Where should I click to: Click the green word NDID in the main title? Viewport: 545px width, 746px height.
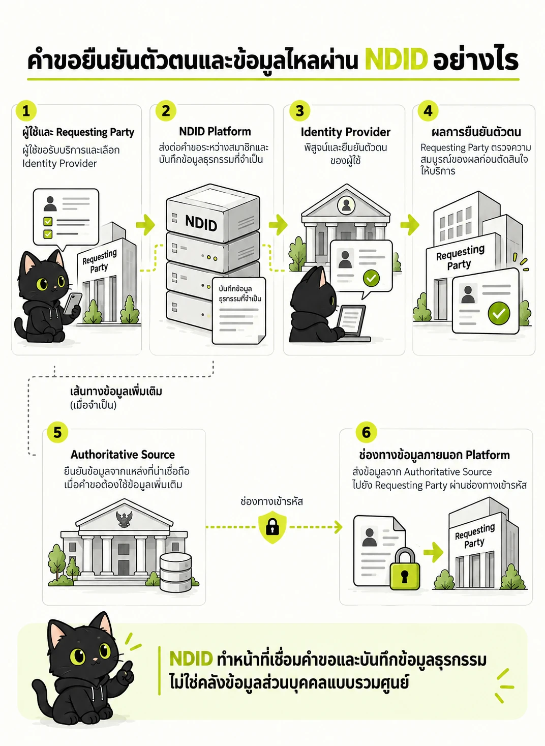point(396,59)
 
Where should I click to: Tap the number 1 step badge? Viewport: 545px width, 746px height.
point(26,111)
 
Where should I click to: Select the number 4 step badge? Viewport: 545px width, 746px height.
point(428,111)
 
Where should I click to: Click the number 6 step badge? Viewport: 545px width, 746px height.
point(366,433)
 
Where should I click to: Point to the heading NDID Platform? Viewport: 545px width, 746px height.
point(215,132)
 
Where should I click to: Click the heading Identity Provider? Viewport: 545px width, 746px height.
point(345,132)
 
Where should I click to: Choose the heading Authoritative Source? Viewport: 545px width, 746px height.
point(123,455)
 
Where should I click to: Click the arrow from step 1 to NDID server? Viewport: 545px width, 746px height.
point(145,224)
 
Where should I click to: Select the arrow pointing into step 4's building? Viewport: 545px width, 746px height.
point(410,224)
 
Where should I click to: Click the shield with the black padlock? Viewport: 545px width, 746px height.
point(272,527)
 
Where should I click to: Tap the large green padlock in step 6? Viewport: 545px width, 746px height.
point(404,570)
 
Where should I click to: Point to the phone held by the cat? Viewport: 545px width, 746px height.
point(73,304)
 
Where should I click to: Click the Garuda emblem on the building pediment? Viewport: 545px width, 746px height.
point(124,519)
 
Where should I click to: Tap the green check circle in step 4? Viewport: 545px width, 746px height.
point(498,313)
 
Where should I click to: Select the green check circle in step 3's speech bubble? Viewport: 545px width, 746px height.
point(371,279)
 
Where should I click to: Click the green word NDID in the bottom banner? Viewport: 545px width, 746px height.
point(191,659)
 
